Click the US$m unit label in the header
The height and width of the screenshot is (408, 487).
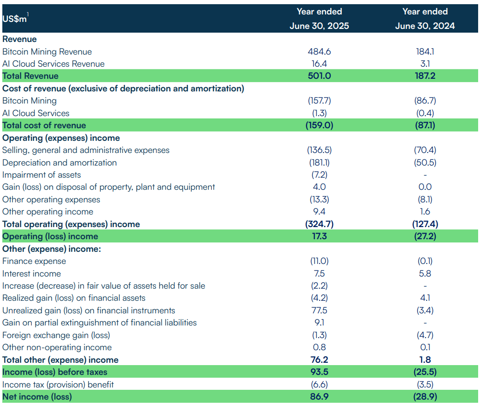click(14, 19)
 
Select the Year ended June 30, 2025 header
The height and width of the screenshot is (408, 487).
click(319, 19)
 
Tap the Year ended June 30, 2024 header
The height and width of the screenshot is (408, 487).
click(424, 19)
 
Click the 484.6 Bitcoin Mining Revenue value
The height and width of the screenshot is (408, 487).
click(319, 52)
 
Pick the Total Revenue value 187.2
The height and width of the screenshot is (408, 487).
click(424, 76)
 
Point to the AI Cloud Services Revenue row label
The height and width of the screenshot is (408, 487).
click(53, 64)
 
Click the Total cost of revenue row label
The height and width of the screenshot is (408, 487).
click(44, 125)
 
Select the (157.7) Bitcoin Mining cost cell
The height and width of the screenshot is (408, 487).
click(319, 101)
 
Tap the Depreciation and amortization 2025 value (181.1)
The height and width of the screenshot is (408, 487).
click(319, 163)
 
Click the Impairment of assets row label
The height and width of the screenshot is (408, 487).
click(42, 175)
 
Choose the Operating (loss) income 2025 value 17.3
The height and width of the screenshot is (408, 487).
click(319, 236)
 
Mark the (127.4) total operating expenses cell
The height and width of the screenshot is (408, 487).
click(424, 224)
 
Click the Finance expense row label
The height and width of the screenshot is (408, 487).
click(34, 261)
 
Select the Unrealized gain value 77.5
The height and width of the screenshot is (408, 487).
click(319, 311)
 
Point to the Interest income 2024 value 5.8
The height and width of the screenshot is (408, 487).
click(424, 274)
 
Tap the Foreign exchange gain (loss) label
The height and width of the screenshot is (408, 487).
click(56, 335)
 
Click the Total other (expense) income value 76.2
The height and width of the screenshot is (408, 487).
click(319, 360)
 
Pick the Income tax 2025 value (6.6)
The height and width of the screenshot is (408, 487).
click(319, 385)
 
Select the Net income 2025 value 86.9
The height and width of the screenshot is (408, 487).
click(319, 397)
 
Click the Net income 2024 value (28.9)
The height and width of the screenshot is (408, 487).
click(424, 397)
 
